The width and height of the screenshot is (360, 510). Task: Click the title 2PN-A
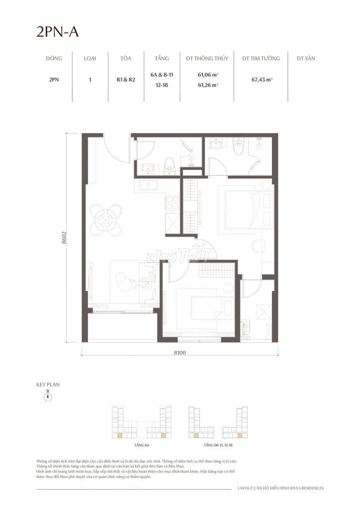pyautogui.click(x=57, y=32)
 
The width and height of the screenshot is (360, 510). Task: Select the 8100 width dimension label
pyautogui.click(x=180, y=352)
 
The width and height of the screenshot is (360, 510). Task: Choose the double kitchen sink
pyautogui.click(x=148, y=185)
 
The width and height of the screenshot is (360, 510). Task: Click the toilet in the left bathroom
pyautogui.click(x=170, y=165)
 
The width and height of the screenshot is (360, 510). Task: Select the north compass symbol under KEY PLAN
pyautogui.click(x=48, y=397)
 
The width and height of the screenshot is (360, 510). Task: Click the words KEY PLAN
pyautogui.click(x=48, y=384)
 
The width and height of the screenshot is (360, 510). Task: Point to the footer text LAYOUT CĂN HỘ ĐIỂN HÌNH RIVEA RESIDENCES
pyautogui.click(x=281, y=488)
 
